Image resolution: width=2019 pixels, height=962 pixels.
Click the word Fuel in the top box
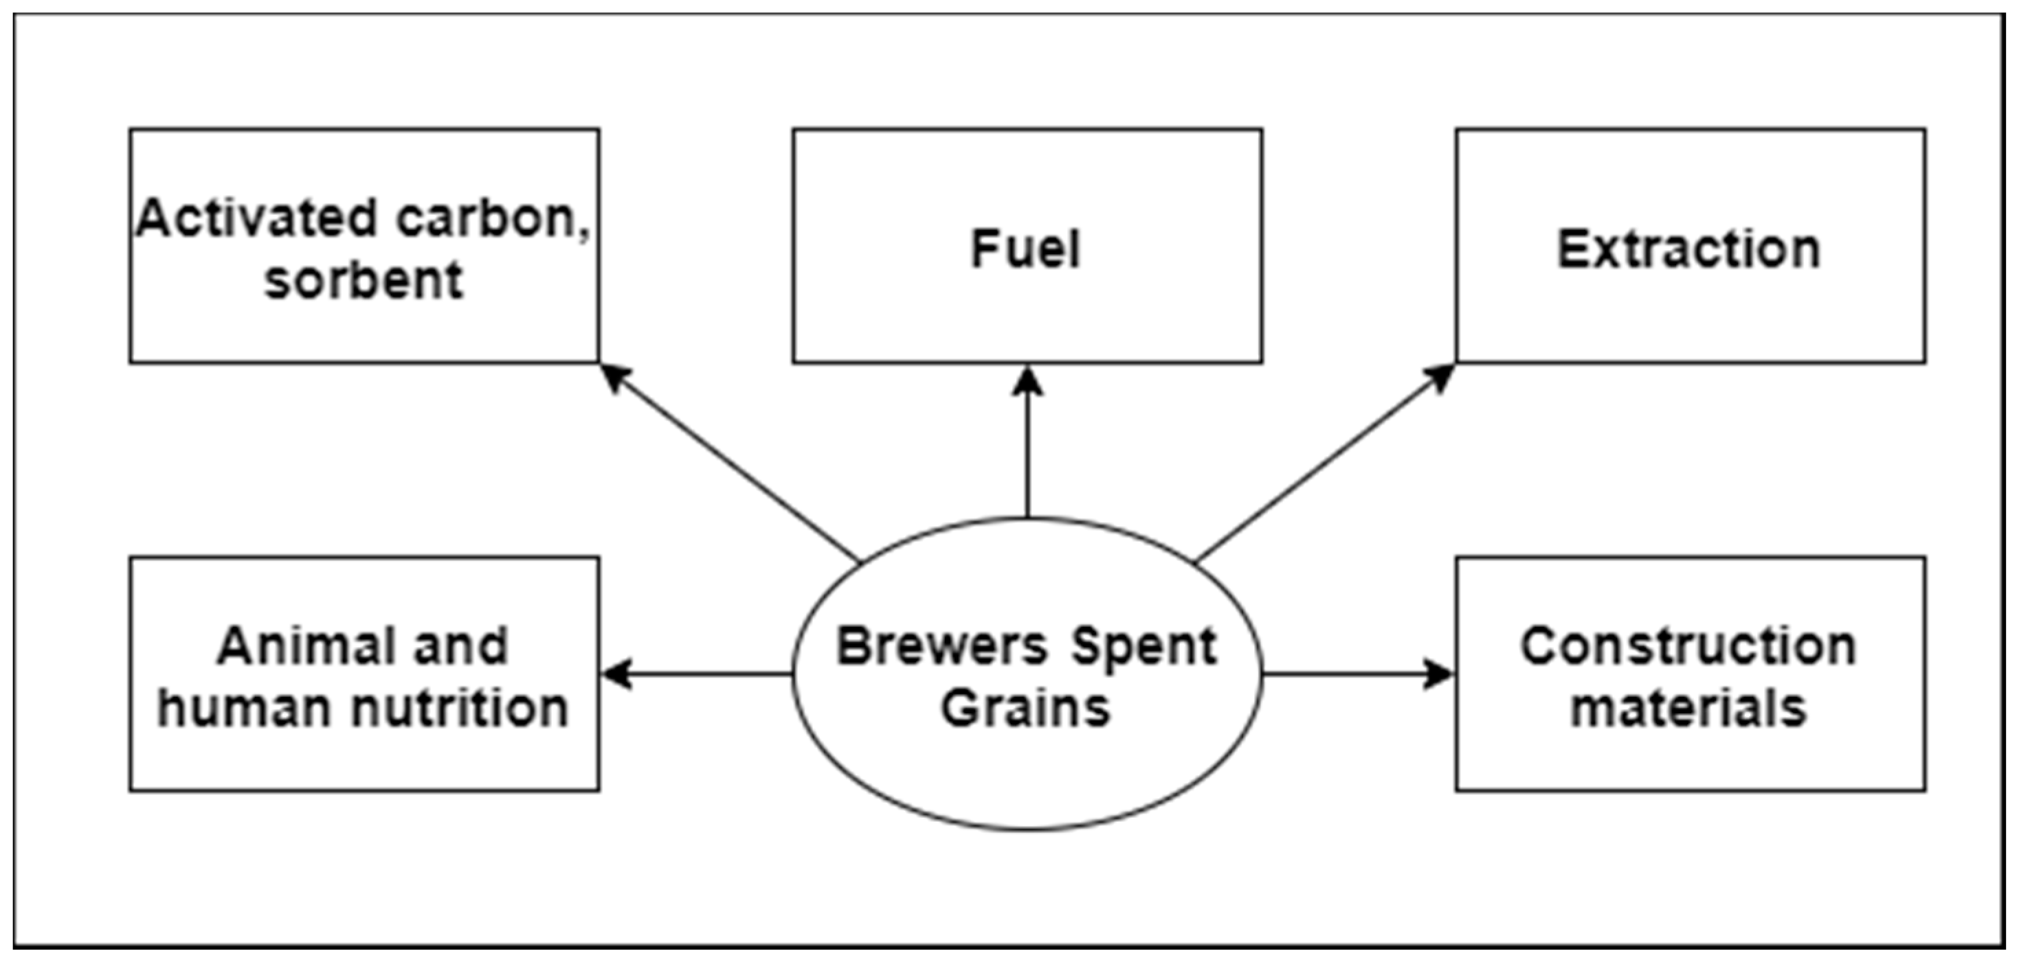pos(1025,249)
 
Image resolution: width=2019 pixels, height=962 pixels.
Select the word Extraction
pos(1688,250)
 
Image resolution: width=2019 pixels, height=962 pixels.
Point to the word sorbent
pos(364,280)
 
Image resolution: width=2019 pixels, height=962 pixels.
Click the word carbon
pos(492,218)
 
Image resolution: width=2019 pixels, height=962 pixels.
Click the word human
pos(249,708)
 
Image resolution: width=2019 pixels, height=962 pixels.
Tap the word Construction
pos(1688,646)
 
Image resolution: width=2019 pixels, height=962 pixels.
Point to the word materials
pos(1688,708)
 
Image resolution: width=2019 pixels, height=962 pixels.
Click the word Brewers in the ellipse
pos(941,646)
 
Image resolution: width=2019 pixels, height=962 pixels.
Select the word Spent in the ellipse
pos(1144,646)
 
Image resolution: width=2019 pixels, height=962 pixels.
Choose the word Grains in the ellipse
pos(1025,708)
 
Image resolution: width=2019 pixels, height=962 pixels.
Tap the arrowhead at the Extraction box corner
pos(1440,377)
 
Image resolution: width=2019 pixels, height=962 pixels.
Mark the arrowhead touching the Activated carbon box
pos(614,377)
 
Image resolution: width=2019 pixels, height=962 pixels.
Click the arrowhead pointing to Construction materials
pos(1439,673)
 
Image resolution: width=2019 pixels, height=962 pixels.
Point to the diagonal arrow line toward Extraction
pos(1317,468)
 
